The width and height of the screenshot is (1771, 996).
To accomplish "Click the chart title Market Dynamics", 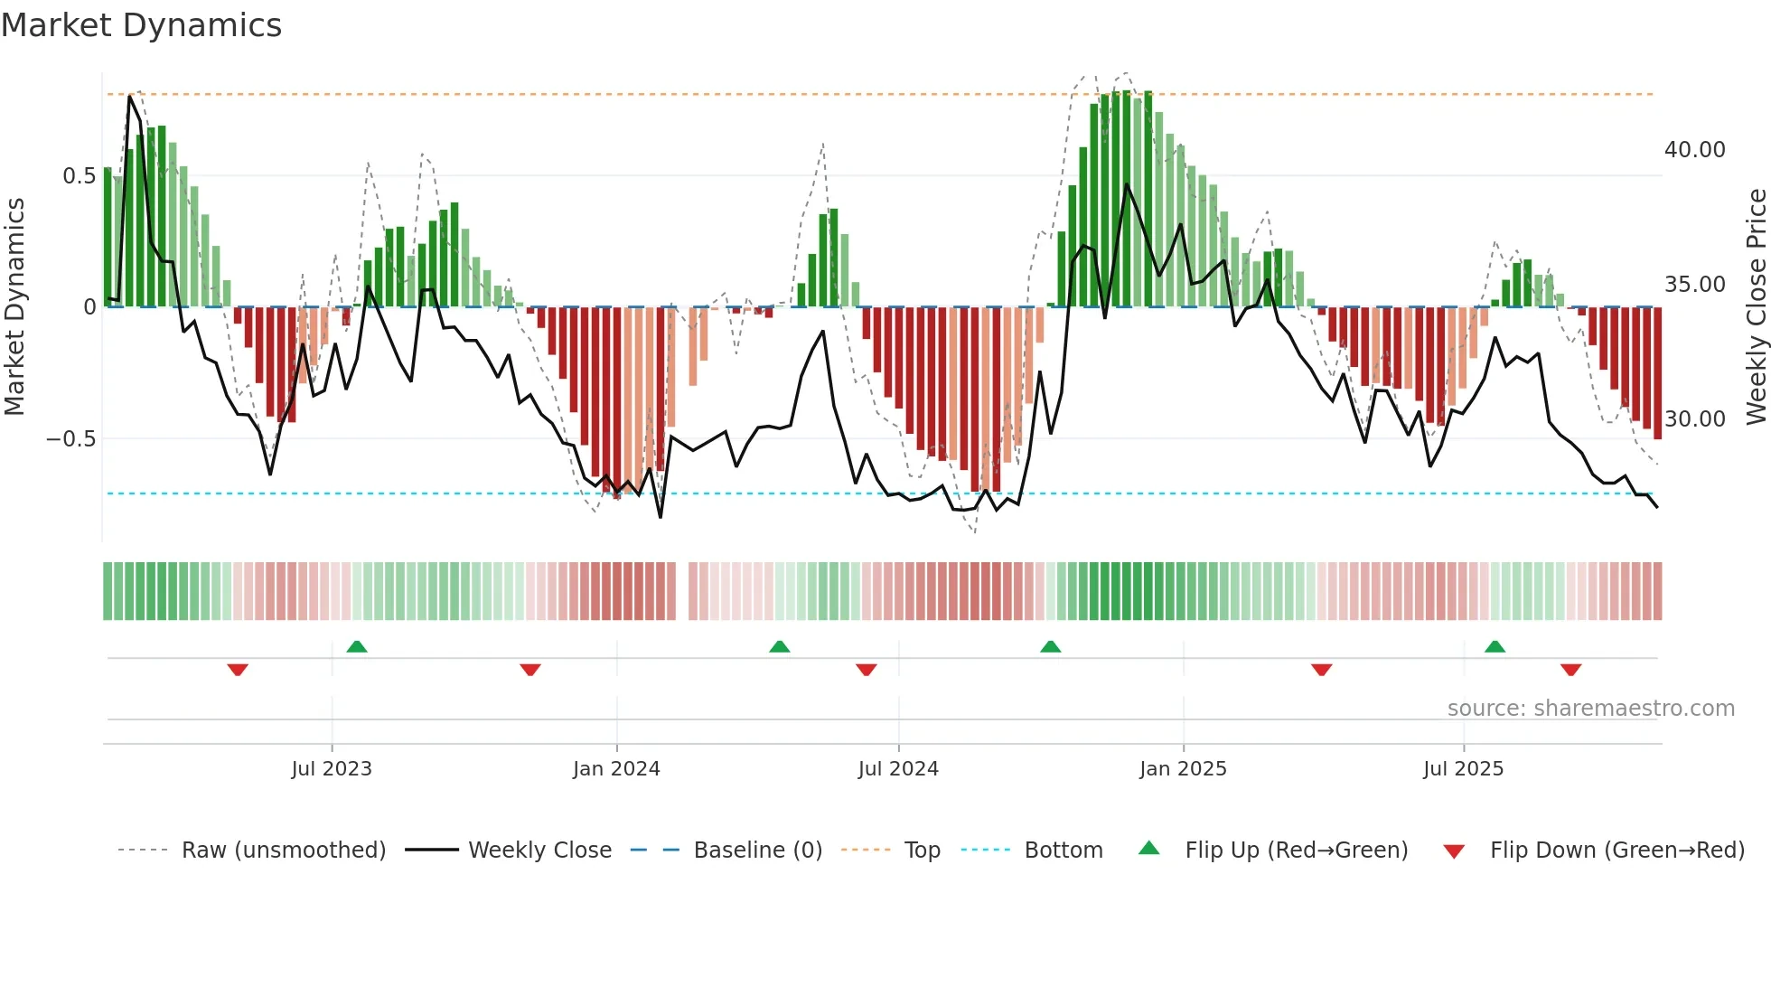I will (142, 25).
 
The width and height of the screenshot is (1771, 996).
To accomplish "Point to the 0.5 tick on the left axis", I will (79, 176).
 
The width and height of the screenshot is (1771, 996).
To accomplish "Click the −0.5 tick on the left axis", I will (70, 439).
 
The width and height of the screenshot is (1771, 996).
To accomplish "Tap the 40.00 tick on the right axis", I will (1694, 150).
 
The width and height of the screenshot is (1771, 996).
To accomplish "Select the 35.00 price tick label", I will (1694, 285).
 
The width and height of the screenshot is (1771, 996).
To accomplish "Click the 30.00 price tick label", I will (1694, 419).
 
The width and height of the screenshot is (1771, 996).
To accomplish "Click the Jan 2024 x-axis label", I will (616, 769).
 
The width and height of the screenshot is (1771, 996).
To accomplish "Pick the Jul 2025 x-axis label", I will (1463, 769).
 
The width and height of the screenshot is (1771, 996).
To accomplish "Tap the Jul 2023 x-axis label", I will (332, 769).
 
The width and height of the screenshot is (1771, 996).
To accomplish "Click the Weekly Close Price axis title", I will (1756, 307).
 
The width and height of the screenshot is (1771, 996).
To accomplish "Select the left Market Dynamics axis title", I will (14, 307).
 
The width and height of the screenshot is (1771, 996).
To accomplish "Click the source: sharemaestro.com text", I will (1590, 709).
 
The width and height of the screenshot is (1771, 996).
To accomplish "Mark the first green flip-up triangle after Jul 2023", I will (357, 647).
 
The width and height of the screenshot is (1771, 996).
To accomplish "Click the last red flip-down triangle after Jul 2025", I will (1570, 670).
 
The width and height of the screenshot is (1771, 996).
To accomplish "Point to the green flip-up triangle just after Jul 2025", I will (1495, 647).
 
